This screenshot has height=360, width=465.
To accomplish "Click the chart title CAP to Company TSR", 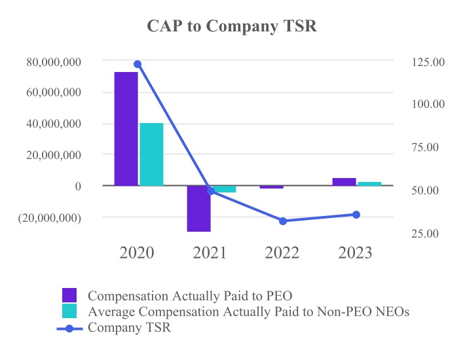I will point(232,26).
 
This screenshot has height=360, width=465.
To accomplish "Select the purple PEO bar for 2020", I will point(126,129).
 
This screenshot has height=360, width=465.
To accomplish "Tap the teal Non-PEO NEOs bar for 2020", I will point(151,154).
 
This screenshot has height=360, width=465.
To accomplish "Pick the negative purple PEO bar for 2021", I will point(199,208).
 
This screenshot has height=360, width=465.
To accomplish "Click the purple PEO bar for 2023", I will point(344,182).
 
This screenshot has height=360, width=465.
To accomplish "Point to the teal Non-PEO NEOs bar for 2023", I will point(369,184).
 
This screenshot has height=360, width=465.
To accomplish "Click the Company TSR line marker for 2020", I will point(138,64).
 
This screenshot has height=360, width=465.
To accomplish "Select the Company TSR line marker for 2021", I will point(211,191).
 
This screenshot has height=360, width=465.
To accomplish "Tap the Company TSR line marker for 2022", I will point(283,221).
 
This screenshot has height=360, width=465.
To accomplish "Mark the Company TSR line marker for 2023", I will point(356,215).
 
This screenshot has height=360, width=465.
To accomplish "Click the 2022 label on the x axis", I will point(283,253).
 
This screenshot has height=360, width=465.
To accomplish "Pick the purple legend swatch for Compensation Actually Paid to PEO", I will point(69,295).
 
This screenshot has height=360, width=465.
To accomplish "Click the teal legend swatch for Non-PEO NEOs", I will point(69,312).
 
